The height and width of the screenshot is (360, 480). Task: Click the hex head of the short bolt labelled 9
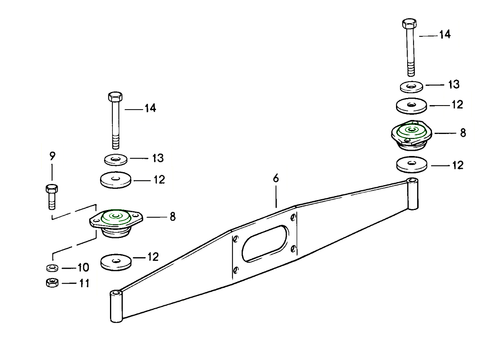(x=52, y=188)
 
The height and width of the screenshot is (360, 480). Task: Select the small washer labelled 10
(x=52, y=268)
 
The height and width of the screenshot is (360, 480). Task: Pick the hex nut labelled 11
(x=52, y=283)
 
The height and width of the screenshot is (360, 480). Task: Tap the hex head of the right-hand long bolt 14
(x=409, y=23)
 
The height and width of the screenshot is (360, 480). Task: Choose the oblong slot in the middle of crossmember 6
(x=264, y=244)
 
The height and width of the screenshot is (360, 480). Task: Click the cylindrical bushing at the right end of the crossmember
(x=412, y=194)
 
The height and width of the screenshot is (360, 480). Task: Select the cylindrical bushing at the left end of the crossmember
(x=116, y=306)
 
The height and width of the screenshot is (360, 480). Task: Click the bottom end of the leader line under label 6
(x=276, y=208)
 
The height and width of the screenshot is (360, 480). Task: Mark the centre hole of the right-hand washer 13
(x=411, y=86)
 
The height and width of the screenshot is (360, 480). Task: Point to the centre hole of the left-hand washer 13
(x=116, y=159)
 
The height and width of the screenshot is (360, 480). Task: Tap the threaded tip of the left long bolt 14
(x=116, y=146)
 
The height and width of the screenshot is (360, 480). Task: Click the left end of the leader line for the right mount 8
(x=435, y=133)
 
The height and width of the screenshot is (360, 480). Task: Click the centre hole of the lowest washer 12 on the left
(x=116, y=260)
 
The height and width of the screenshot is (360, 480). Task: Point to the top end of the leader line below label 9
(x=52, y=165)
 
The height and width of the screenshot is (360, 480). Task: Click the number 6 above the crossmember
(x=276, y=178)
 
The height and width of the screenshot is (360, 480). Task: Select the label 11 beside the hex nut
(x=84, y=283)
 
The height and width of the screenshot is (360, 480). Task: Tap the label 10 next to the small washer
(x=83, y=267)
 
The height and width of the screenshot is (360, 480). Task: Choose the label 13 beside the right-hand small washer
(x=454, y=84)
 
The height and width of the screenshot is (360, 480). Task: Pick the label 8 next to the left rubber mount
(x=173, y=217)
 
